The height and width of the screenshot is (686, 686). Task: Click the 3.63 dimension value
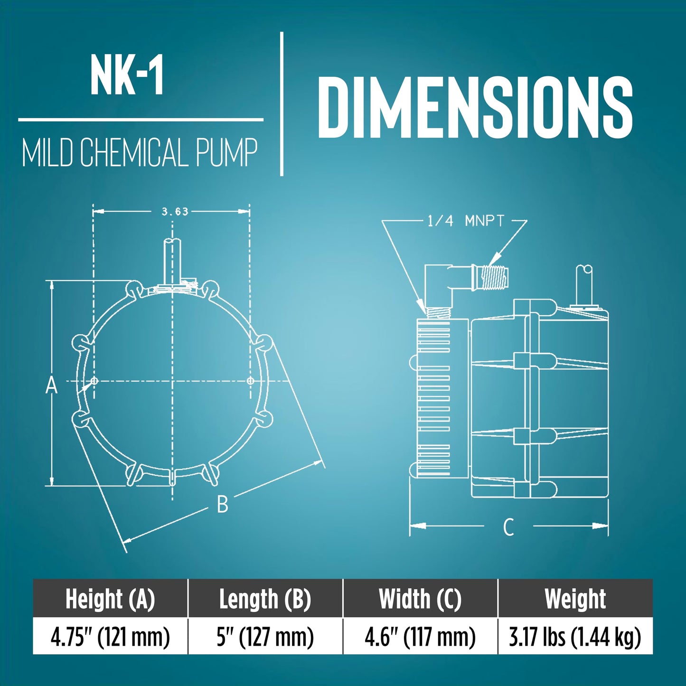point(174,211)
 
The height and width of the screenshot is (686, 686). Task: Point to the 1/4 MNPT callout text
point(466,221)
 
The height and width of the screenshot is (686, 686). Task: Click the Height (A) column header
point(110,599)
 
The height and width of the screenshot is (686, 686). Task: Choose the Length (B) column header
point(265,599)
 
